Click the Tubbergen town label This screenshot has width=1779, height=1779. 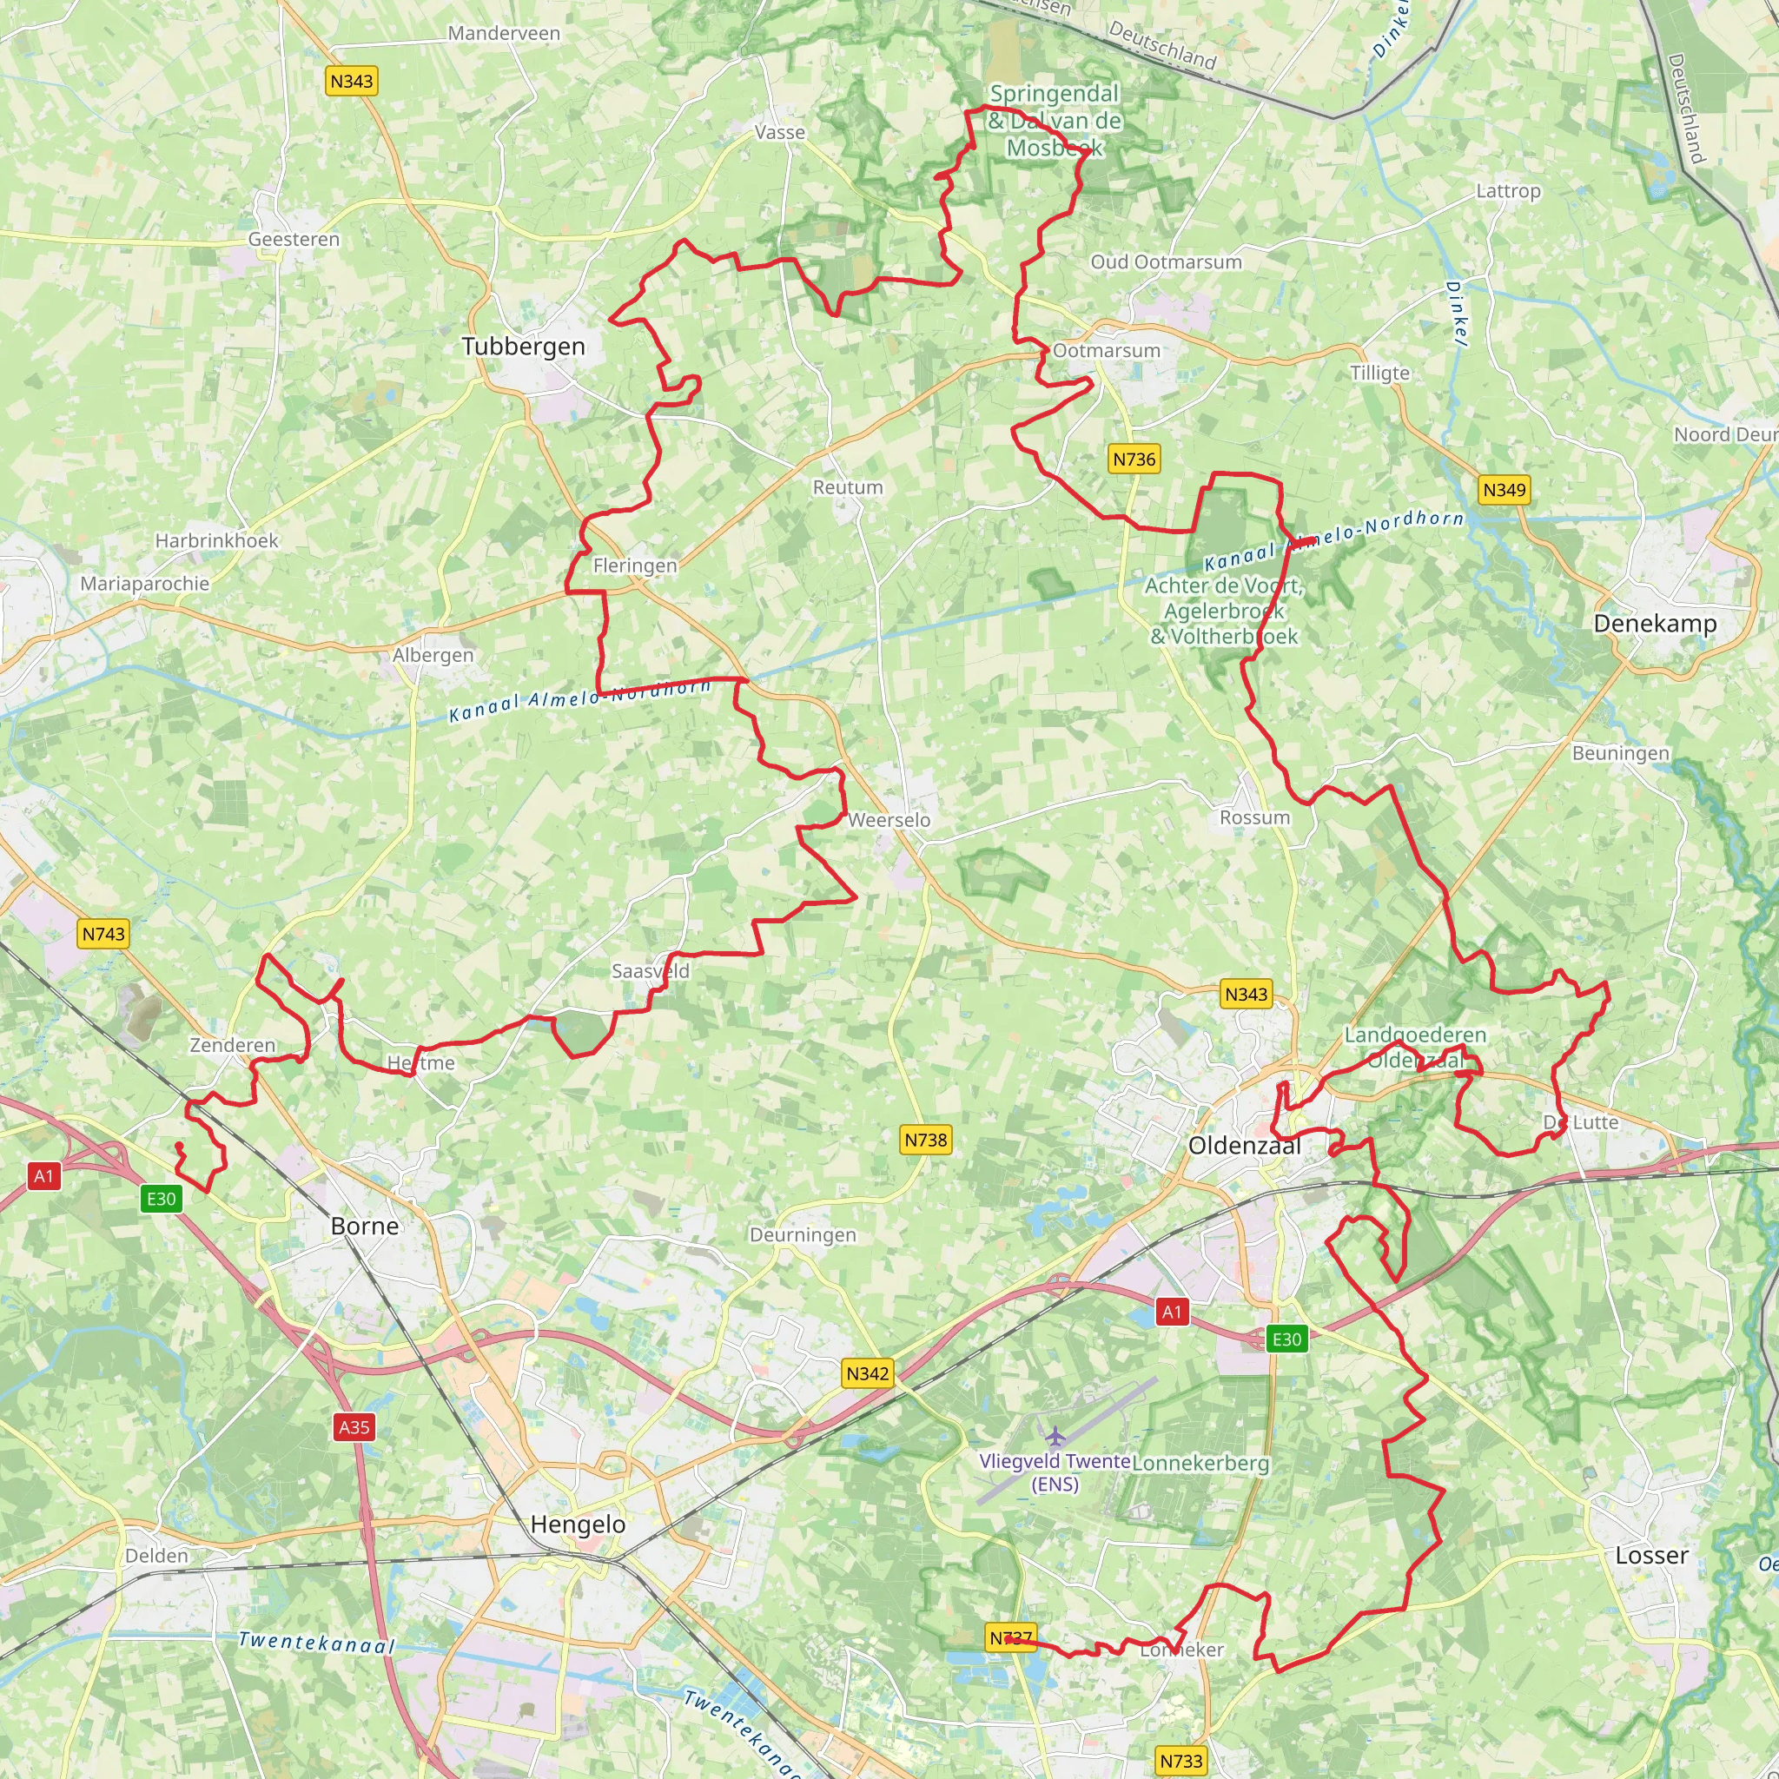point(523,347)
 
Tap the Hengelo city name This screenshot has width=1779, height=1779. point(578,1524)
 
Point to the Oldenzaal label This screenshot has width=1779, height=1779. point(1244,1146)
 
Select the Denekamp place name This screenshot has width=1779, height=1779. point(1655,624)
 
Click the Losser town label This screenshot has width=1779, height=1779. point(1651,1555)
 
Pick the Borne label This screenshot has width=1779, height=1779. point(365,1226)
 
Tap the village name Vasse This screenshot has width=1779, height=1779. point(780,133)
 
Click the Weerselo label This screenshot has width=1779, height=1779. point(889,819)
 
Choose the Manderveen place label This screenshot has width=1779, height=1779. point(504,33)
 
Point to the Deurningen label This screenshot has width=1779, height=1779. point(802,1235)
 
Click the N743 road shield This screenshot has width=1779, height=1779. point(103,934)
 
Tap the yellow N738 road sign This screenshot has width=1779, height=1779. point(925,1140)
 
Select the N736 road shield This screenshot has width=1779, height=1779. point(1134,460)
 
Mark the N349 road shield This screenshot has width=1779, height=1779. point(1504,490)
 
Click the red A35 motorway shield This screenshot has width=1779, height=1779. point(354,1428)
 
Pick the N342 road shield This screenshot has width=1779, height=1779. point(868,1374)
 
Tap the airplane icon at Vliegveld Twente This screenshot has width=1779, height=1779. point(1055,1436)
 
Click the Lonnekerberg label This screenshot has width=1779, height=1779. point(1200,1463)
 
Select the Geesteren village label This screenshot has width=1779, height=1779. point(294,240)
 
